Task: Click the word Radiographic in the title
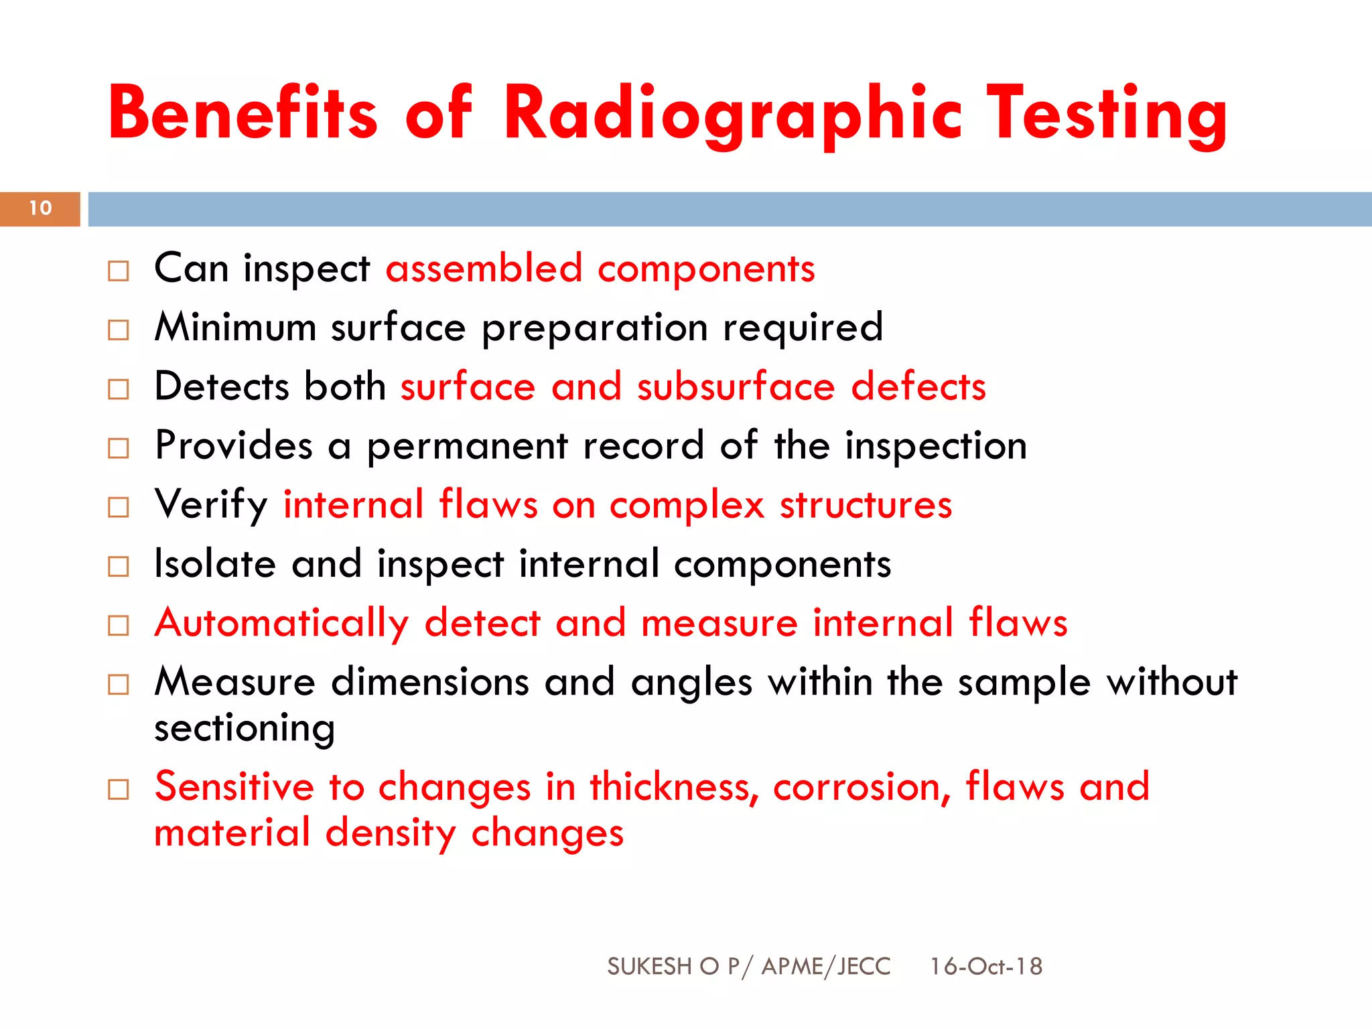tap(733, 114)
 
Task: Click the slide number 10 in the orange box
tap(40, 208)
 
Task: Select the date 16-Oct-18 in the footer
tap(985, 966)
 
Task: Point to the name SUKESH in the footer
tap(648, 966)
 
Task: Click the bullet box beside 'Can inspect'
tap(119, 271)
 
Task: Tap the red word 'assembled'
tap(484, 269)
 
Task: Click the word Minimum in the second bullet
tap(235, 328)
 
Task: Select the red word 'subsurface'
tap(736, 387)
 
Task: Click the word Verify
tap(211, 505)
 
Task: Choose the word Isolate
tap(214, 563)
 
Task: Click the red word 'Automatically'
tap(281, 624)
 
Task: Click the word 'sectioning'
tap(245, 729)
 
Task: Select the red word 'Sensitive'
tap(234, 786)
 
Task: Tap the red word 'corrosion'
tap(861, 788)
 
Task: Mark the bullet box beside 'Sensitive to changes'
tap(119, 790)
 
